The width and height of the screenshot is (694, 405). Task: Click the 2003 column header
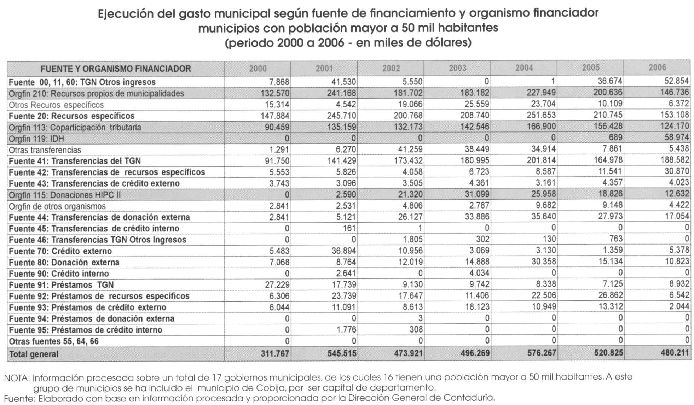[457, 68]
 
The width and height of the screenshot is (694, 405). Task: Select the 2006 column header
[657, 67]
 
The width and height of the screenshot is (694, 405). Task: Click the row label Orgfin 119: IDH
[36, 139]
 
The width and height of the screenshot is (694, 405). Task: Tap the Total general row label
[34, 354]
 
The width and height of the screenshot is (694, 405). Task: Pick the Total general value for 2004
[542, 353]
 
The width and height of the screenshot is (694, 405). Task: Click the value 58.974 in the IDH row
[677, 137]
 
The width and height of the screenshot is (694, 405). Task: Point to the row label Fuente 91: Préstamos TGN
[61, 285]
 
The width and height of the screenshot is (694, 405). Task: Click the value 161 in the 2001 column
[349, 228]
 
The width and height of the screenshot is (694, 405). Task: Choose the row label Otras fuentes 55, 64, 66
[54, 341]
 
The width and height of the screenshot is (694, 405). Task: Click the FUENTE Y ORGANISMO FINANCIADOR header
[116, 69]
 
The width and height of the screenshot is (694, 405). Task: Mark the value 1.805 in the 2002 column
[412, 239]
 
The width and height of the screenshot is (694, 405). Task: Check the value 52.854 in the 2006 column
[677, 81]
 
